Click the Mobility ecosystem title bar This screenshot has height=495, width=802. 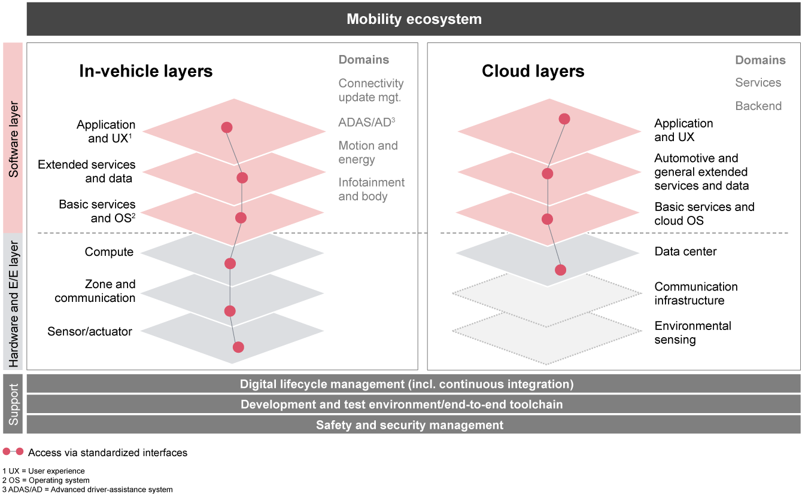click(414, 19)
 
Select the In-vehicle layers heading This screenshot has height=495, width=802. click(146, 71)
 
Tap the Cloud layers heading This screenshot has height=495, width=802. click(533, 71)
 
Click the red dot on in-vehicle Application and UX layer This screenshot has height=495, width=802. click(226, 127)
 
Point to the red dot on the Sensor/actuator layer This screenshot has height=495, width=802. click(238, 347)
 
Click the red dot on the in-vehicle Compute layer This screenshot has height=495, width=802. click(230, 264)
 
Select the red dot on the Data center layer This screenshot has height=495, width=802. click(560, 270)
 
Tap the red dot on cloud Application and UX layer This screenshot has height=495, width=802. click(564, 119)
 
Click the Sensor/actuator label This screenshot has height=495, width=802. click(90, 331)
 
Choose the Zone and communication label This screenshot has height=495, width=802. click(96, 291)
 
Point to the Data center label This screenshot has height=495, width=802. click(685, 252)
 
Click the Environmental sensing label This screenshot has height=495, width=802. click(692, 333)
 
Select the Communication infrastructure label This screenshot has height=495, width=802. click(695, 294)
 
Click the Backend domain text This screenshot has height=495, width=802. click(758, 106)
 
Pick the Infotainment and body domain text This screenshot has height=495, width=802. click(371, 190)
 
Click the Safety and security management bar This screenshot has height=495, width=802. click(409, 425)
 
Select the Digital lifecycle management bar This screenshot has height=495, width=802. click(407, 384)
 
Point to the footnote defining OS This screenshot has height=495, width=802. click(46, 480)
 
